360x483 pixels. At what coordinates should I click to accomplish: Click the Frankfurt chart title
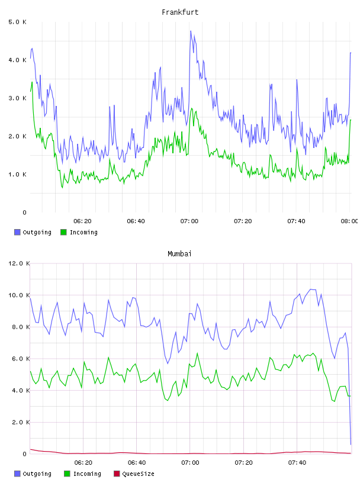(x=180, y=12)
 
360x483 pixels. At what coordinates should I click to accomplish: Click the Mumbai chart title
(x=179, y=254)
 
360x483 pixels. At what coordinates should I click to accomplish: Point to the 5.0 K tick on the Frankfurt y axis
(x=17, y=22)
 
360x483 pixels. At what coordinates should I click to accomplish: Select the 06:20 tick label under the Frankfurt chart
(x=83, y=221)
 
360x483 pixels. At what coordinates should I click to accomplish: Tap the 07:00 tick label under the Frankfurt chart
(x=189, y=221)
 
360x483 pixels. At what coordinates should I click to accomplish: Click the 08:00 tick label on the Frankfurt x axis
(x=349, y=221)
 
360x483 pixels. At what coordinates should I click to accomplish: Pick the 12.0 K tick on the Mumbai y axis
(x=19, y=263)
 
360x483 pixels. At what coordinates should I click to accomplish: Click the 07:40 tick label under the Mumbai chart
(x=297, y=463)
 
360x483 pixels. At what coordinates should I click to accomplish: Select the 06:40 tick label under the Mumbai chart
(x=137, y=463)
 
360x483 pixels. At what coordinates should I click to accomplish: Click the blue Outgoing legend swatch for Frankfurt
(x=17, y=232)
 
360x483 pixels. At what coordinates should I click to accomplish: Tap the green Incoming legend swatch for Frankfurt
(x=63, y=232)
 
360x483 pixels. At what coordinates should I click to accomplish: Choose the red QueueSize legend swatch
(x=117, y=474)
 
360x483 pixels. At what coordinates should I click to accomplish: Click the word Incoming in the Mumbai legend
(x=87, y=474)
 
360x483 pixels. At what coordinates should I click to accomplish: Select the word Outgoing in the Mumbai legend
(x=37, y=474)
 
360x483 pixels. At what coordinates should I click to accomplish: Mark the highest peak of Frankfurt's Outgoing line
(x=191, y=31)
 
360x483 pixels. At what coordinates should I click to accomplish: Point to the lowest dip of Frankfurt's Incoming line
(x=62, y=187)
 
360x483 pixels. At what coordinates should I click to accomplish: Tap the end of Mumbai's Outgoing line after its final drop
(x=351, y=445)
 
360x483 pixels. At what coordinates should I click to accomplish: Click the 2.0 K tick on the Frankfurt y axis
(x=17, y=136)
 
